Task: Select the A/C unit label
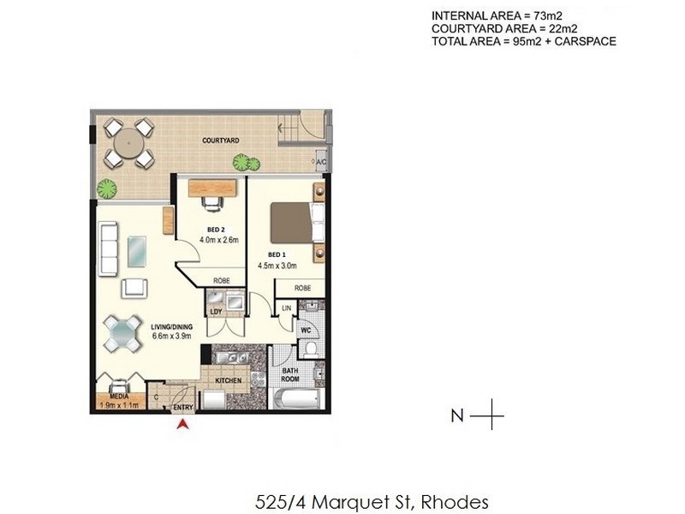click(322, 161)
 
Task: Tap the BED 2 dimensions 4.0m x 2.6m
click(216, 241)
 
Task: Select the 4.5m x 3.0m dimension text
click(277, 266)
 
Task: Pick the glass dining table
click(123, 333)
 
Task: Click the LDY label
click(216, 312)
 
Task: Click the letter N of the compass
click(457, 416)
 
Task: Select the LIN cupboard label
click(286, 307)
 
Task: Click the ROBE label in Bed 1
click(302, 289)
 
